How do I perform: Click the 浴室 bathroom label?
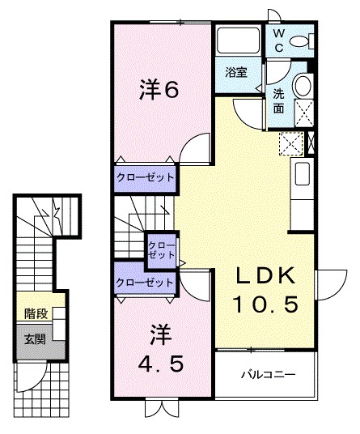(x=236, y=73)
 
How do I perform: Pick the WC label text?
(x=277, y=40)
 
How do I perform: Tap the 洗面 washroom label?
(x=278, y=100)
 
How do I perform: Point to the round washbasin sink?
(x=303, y=84)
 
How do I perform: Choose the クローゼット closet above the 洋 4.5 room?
(x=144, y=283)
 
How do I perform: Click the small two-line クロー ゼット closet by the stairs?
(x=160, y=249)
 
